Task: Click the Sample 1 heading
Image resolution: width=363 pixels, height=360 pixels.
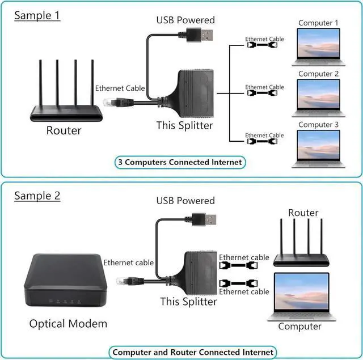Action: [37, 15]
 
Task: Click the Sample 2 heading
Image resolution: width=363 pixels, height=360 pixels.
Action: [37, 196]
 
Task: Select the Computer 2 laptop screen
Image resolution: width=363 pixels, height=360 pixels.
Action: [319, 94]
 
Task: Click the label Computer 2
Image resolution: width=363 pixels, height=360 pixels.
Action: [319, 74]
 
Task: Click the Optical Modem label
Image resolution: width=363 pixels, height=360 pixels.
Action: [68, 324]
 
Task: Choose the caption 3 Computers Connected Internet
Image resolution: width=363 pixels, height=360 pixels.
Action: [180, 162]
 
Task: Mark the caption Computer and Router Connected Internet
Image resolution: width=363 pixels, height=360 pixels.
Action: [193, 352]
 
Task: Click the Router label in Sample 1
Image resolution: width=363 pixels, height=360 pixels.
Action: [64, 131]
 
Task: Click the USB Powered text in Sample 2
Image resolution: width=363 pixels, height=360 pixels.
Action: [185, 201]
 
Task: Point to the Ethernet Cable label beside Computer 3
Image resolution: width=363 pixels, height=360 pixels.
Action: [264, 135]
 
